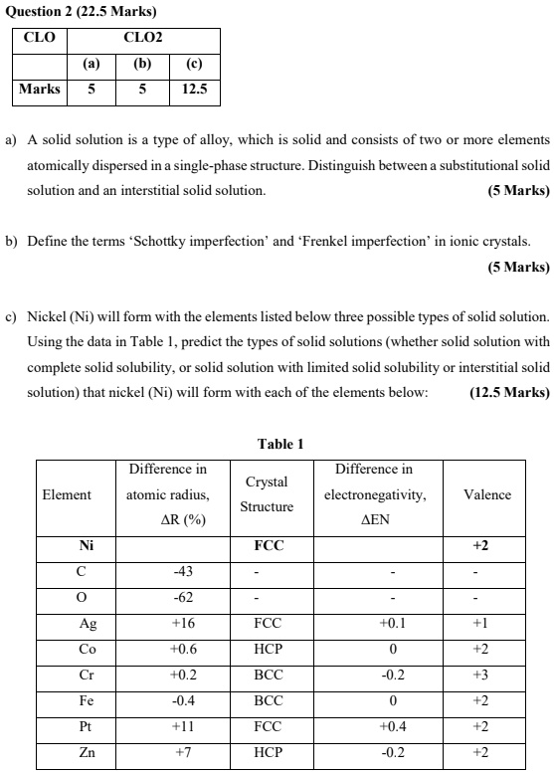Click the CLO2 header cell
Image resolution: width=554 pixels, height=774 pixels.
pos(142,39)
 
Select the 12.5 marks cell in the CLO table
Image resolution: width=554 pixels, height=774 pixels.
pos(194,90)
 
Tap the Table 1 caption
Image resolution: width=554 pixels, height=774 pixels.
pos(279,444)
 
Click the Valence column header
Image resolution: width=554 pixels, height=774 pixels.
pos(487,494)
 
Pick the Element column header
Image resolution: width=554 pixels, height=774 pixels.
pos(67,494)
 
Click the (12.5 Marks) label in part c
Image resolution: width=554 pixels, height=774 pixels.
pos(508,420)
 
